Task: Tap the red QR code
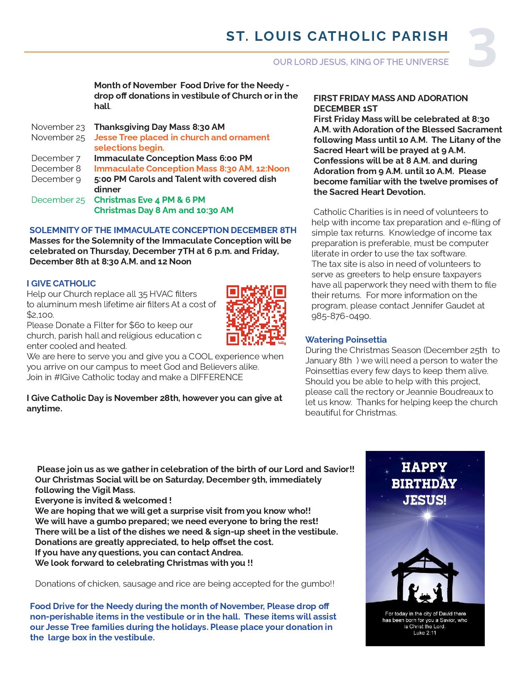256,315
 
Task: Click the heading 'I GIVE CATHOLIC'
61,284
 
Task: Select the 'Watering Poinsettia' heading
346,340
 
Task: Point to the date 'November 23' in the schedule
58,127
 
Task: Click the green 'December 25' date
58,200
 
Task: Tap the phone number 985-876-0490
341,316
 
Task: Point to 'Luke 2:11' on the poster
425,633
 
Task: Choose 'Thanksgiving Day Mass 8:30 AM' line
159,127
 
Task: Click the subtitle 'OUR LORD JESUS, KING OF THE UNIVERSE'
361,62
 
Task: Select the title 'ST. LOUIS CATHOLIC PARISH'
337,37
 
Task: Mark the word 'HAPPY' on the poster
424,467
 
